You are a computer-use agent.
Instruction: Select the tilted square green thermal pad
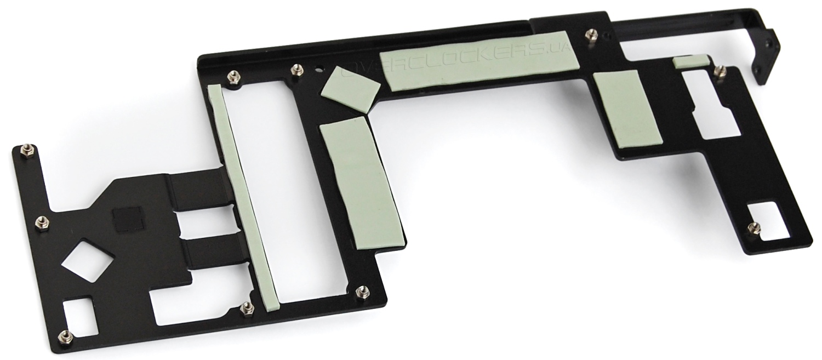coord(352,90)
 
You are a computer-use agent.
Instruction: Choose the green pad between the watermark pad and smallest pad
coord(626,109)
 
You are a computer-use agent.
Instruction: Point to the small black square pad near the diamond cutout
coord(128,219)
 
